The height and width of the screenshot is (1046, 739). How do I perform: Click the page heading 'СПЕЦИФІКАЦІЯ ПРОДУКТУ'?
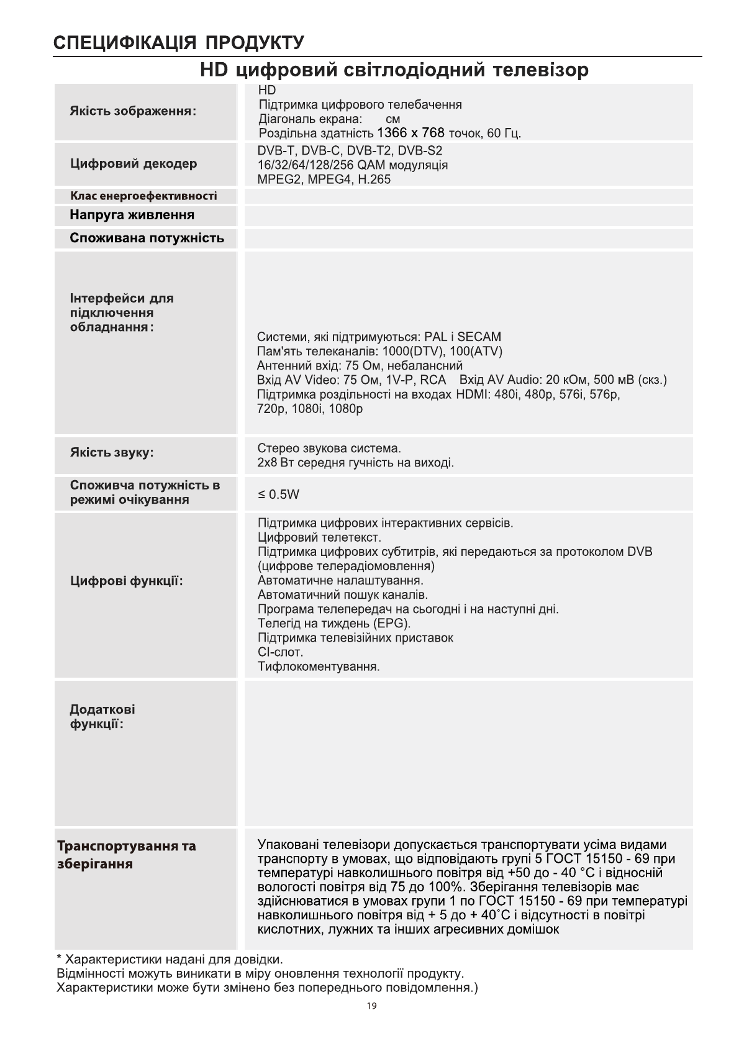[179, 43]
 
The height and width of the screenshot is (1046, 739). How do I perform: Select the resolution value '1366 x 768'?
[410, 133]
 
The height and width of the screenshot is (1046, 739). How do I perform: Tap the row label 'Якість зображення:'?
[133, 112]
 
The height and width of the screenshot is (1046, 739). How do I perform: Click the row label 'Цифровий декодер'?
[134, 164]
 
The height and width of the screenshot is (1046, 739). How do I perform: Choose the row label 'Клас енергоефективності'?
[143, 196]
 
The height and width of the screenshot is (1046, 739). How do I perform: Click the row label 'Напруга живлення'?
[132, 216]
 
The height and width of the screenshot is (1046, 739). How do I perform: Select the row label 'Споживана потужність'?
[147, 239]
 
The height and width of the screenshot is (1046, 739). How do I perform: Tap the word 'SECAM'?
[479, 337]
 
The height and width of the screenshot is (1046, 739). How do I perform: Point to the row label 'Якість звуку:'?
[112, 452]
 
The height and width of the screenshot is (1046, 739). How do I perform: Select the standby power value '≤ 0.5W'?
[279, 494]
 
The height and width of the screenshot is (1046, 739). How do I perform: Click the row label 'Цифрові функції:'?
[127, 581]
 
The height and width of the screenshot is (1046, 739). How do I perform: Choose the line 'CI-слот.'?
[281, 652]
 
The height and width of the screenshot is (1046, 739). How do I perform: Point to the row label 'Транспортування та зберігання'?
[127, 855]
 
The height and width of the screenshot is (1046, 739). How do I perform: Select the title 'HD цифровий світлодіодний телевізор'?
[394, 70]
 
